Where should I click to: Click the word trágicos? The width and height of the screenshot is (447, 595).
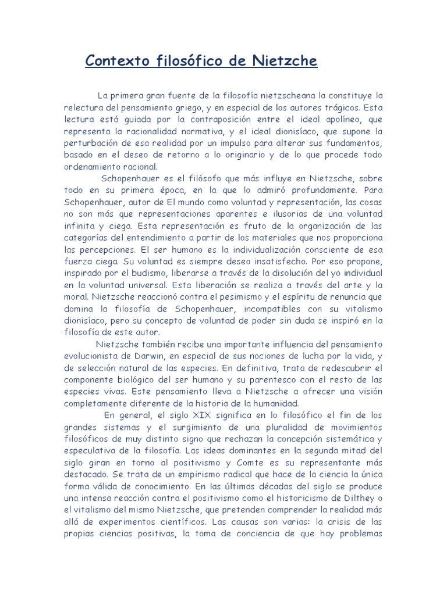[332, 107]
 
